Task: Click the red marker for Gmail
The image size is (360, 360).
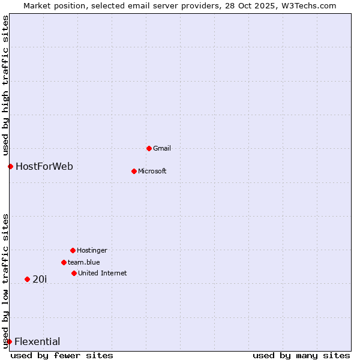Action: (149, 148)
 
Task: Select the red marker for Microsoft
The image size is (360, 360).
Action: (134, 171)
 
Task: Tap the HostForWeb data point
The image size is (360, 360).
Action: (10, 166)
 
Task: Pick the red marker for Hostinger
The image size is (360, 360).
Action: (73, 250)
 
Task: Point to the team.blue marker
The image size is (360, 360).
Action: (64, 262)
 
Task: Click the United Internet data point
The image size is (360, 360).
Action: (74, 273)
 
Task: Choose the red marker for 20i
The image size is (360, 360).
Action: (27, 279)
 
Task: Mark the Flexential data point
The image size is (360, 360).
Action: (9, 341)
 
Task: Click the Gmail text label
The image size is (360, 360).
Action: (162, 148)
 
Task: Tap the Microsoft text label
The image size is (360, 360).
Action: (152, 171)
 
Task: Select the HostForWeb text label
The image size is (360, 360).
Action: (44, 166)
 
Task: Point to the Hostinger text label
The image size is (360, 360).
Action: (92, 250)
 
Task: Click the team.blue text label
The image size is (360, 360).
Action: (84, 262)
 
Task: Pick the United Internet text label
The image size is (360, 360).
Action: (103, 273)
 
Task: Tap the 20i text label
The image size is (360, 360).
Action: (40, 279)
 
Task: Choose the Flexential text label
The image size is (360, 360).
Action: (37, 341)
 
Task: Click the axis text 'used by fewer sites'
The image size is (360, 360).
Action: (62, 355)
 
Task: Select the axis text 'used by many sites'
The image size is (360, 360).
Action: (301, 355)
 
